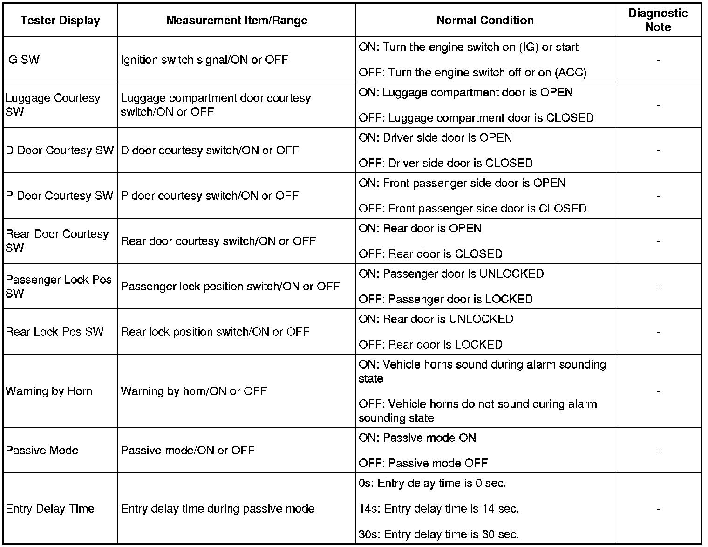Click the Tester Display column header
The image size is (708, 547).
click(x=61, y=21)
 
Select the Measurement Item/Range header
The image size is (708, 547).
click(x=237, y=21)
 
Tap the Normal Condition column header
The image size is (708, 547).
click(x=485, y=21)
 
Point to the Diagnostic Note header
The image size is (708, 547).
click(x=658, y=20)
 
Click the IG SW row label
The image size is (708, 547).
click(x=23, y=60)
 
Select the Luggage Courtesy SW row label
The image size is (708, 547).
click(x=53, y=105)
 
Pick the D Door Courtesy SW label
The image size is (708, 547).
click(x=60, y=150)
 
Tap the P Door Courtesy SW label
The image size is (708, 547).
click(x=60, y=196)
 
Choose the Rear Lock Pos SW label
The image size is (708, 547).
click(x=54, y=332)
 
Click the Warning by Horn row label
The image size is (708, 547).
click(x=49, y=391)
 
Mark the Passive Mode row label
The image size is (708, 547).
click(x=42, y=451)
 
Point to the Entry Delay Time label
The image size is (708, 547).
click(x=50, y=508)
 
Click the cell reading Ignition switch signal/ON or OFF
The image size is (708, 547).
click(x=204, y=60)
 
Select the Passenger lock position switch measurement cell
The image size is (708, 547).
click(x=230, y=287)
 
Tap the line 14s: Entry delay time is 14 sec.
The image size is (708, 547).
click(x=439, y=508)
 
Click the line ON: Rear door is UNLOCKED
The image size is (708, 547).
click(x=436, y=319)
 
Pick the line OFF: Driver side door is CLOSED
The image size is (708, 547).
click(x=445, y=163)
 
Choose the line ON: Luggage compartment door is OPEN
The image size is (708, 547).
click(x=466, y=92)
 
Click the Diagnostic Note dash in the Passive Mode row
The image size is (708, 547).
click(x=658, y=451)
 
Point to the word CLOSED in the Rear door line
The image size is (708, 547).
click(x=478, y=254)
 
